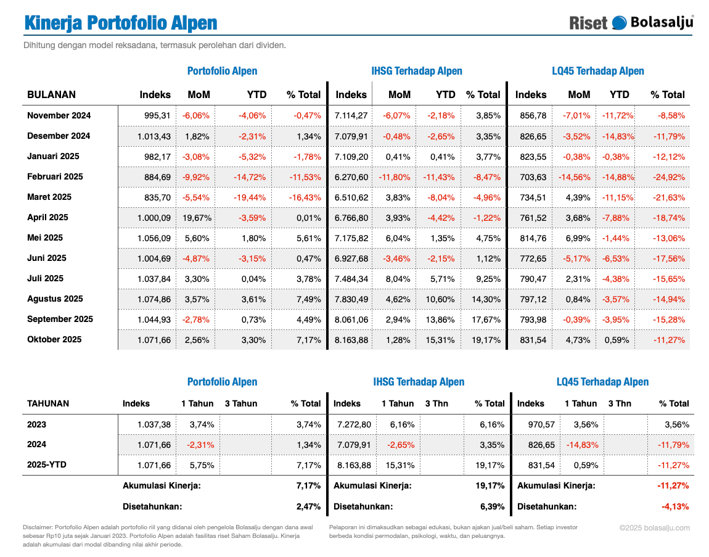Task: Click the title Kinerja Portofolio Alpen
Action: coord(121,23)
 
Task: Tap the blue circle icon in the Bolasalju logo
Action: coord(618,23)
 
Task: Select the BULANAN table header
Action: coord(52,94)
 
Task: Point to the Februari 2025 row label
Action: coord(55,176)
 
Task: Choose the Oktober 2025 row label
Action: coord(54,339)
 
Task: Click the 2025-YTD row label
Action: coord(47,464)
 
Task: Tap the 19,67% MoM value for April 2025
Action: coord(197,217)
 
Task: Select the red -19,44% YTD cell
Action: coord(250,197)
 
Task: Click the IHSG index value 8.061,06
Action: coord(351,319)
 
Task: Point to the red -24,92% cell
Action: coord(668,176)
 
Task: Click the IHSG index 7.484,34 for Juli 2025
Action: coord(351,278)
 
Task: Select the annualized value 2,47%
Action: coord(308,506)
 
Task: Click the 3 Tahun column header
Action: coord(241,403)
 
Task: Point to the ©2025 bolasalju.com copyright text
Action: coord(655,527)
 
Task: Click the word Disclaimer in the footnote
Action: coord(38,527)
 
